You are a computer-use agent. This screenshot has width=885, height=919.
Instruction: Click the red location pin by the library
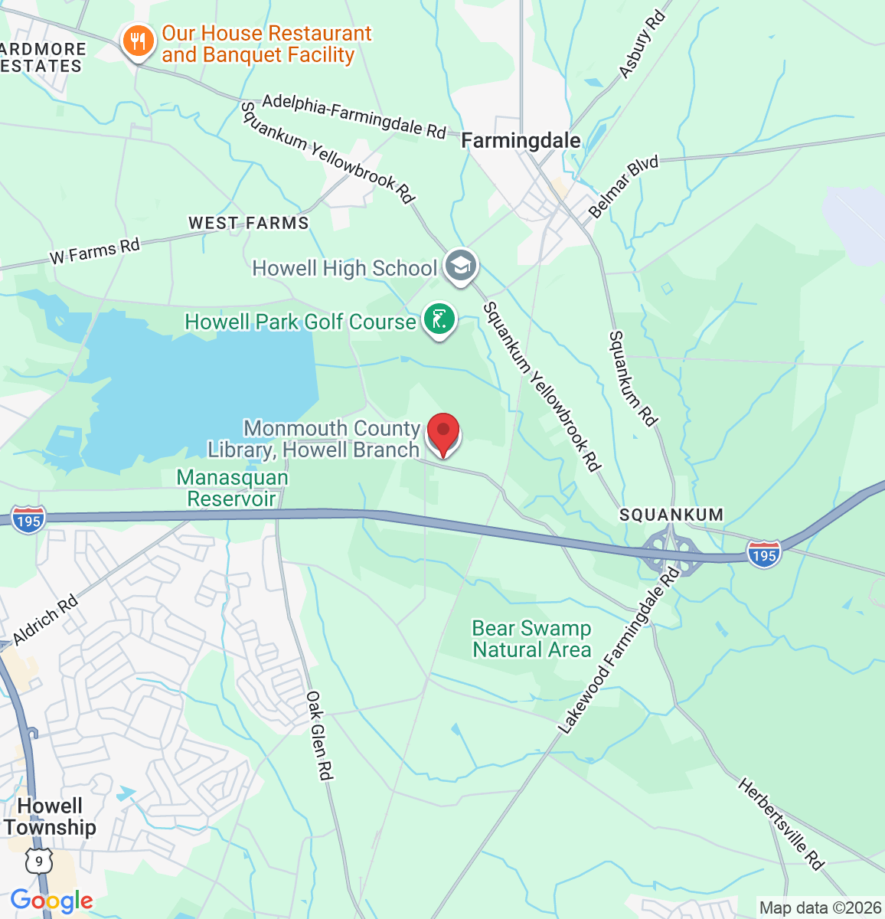coord(442,433)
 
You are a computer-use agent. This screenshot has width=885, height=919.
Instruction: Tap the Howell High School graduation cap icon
coord(460,266)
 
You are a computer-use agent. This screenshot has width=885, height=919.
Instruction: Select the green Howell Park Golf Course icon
coord(439,319)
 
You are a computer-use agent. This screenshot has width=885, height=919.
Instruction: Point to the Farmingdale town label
coord(521,141)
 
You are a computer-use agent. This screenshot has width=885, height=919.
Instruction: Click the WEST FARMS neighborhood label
coord(249,223)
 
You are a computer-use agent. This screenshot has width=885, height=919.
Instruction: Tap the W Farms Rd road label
coord(95,251)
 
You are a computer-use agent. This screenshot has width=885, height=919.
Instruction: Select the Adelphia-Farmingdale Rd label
coord(354,116)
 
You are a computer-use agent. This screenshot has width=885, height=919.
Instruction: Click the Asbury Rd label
coord(641,44)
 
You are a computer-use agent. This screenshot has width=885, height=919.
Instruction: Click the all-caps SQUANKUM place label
coord(671,515)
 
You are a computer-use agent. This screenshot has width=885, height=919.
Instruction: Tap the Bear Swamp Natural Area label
coord(531,639)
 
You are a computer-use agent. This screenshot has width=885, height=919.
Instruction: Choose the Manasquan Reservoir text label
coord(232,488)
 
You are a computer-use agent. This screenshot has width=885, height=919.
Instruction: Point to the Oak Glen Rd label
coord(320,735)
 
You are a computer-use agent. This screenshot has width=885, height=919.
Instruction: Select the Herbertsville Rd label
coord(780,824)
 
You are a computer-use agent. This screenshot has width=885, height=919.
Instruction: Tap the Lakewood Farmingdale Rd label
coord(619,651)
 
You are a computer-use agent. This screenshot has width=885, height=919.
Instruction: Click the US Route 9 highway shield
coord(38,862)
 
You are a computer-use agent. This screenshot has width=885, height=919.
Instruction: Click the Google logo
coord(51,901)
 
